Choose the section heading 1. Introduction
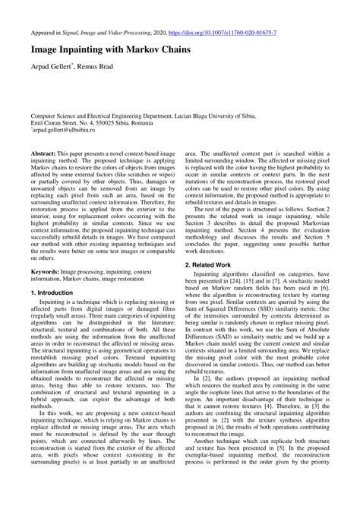pos(58,292)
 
